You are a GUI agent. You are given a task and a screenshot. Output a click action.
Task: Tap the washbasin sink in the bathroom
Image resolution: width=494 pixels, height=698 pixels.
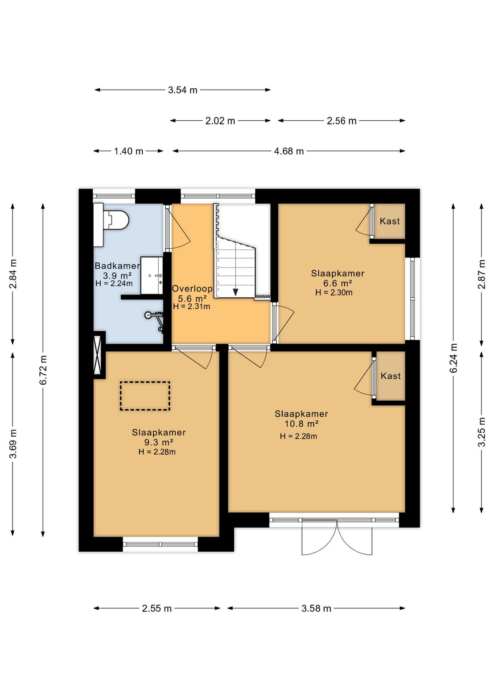[x=152, y=275]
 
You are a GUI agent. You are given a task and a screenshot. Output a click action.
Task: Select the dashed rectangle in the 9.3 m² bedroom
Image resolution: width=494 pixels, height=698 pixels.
[x=145, y=396]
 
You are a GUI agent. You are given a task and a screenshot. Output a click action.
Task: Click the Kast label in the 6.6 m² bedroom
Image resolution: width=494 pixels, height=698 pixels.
[x=390, y=221]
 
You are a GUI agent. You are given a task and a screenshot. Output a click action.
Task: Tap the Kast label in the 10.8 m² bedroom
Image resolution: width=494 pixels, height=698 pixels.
[x=391, y=376]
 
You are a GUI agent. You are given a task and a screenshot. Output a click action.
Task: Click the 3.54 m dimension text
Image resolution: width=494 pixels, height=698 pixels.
[x=183, y=90]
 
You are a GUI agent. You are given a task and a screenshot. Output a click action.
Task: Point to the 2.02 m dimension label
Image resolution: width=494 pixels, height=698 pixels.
[x=220, y=121]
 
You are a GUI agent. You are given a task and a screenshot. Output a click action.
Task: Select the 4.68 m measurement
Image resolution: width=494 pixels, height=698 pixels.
[x=289, y=151]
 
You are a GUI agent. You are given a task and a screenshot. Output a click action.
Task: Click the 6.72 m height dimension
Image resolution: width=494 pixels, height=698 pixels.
[x=43, y=370]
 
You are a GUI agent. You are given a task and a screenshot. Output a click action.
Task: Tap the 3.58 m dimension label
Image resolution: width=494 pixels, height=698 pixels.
[x=316, y=608]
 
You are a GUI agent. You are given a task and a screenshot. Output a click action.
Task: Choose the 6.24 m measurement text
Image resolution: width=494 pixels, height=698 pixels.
[x=453, y=358]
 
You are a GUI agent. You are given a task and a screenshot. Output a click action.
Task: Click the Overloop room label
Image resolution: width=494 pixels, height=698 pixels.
[x=192, y=289]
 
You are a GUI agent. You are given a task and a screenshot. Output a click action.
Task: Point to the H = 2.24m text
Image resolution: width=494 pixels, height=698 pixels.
[x=114, y=283]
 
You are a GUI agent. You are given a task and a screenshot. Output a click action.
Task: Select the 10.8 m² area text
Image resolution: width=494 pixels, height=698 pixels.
[x=301, y=424]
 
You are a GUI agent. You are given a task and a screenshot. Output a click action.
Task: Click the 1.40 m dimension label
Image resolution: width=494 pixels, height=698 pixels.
[x=129, y=151]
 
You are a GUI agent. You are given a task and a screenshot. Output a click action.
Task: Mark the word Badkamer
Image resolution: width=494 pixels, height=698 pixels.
[x=117, y=266]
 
